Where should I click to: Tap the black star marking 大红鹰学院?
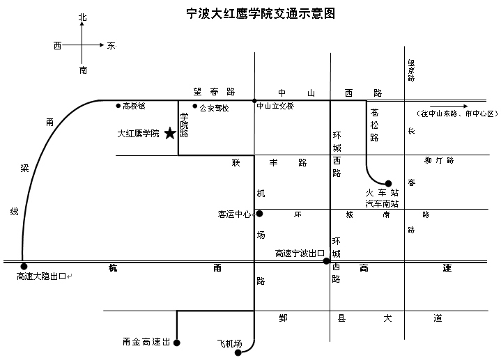click(170, 133)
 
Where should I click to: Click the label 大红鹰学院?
click(138, 133)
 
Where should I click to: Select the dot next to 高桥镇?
click(118, 106)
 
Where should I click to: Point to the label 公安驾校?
click(214, 108)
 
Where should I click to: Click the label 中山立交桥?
click(275, 107)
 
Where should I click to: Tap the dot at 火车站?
click(389, 184)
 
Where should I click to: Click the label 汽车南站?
click(382, 203)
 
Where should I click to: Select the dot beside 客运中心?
click(259, 214)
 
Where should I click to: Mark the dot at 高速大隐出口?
click(24, 266)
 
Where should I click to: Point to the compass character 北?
click(83, 17)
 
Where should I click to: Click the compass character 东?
click(111, 46)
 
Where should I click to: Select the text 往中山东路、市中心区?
click(455, 113)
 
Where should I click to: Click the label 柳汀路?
click(439, 160)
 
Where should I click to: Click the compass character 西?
click(58, 46)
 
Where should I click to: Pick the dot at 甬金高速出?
click(177, 343)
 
